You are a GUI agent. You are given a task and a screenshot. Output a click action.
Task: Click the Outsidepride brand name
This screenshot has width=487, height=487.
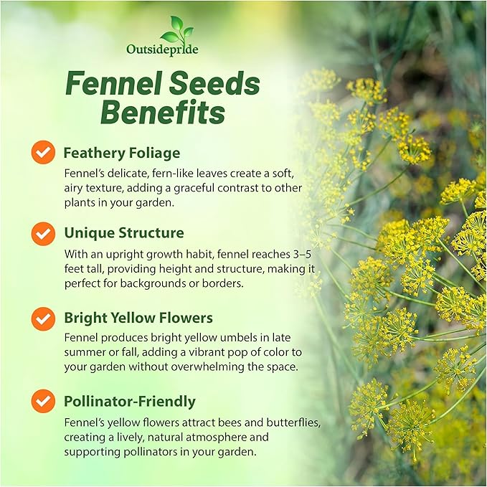(162, 50)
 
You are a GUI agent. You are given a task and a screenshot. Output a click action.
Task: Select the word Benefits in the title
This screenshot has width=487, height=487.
(162, 113)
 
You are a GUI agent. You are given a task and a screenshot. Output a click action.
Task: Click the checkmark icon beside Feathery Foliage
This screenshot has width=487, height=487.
(43, 153)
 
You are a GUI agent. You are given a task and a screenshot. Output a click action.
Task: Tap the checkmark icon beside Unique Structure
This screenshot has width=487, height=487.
(43, 233)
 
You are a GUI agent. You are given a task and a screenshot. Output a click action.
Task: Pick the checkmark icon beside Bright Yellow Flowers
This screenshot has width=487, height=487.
(43, 318)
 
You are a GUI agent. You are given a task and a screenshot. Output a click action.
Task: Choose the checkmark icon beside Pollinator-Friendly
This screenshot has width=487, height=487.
(43, 401)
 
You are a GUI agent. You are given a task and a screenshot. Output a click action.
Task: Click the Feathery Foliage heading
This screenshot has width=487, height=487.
(121, 153)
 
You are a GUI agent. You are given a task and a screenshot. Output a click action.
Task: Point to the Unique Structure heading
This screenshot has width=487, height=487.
(123, 233)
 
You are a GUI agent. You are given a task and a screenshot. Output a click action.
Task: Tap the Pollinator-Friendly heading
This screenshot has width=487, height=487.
(129, 402)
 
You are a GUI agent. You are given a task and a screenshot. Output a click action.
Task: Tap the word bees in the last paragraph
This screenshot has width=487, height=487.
(204, 422)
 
